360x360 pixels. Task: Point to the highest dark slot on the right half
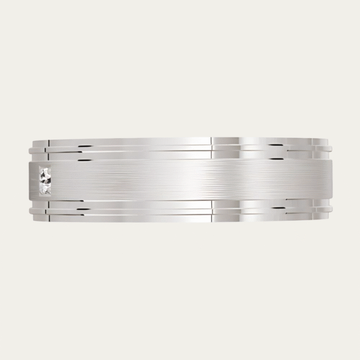coord(275,145)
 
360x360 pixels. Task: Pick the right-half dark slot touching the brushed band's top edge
coord(275,159)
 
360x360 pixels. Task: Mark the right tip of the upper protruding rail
coord(331,147)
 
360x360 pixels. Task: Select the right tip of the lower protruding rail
coord(331,211)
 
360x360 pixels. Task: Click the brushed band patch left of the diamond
coord(34,180)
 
